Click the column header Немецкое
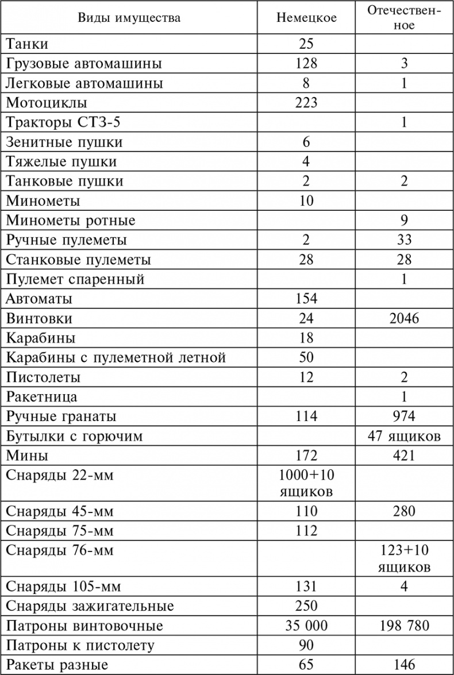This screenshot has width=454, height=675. click(306, 18)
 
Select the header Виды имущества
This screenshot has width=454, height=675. click(130, 18)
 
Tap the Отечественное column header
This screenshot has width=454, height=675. click(405, 18)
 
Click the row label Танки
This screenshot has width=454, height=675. click(27, 44)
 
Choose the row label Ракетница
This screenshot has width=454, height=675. click(41, 397)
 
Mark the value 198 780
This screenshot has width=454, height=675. click(404, 626)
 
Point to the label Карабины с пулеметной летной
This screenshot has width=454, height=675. click(116, 358)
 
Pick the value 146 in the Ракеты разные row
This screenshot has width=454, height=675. click(404, 665)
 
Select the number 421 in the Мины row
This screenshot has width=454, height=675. click(404, 456)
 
